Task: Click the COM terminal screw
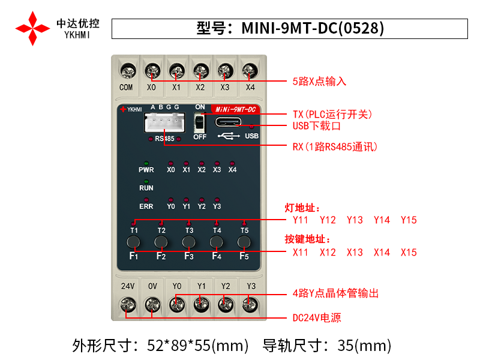(x=128, y=71)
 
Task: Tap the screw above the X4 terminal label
(x=250, y=71)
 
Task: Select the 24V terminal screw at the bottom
(x=128, y=305)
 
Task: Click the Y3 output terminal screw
(x=250, y=305)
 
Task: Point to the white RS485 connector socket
(x=164, y=122)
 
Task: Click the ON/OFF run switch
(x=199, y=122)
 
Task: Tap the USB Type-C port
(x=228, y=122)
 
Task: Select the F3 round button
(x=188, y=242)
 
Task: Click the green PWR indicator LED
(x=146, y=163)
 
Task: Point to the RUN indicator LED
(x=146, y=182)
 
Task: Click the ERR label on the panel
(x=146, y=206)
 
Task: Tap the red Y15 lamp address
(x=409, y=220)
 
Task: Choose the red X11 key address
(x=301, y=252)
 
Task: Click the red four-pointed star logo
(x=32, y=28)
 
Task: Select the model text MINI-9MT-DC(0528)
(x=313, y=28)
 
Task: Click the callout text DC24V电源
(x=317, y=318)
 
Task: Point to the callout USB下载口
(x=317, y=126)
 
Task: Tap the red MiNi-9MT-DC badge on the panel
(x=235, y=109)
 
